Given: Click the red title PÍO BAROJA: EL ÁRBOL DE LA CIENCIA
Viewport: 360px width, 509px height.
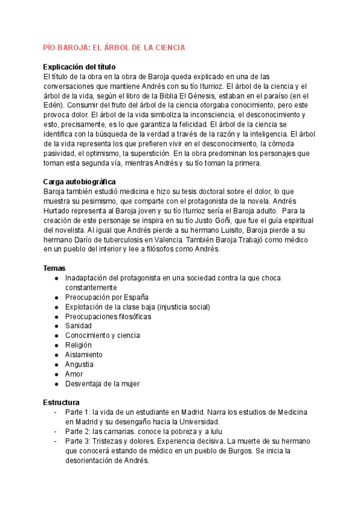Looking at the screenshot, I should [114, 47].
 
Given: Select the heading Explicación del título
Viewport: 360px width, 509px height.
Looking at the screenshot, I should [80, 67].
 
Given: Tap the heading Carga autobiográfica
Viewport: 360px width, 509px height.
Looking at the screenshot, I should [80, 182].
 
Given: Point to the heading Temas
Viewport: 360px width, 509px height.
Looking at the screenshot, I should [55, 268].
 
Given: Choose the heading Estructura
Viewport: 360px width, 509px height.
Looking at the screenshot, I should [62, 402].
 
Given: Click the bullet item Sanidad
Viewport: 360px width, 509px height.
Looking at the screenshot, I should [79, 326].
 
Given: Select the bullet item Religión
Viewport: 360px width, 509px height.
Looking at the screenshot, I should [79, 345].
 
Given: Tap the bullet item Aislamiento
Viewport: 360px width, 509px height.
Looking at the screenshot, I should [83, 355].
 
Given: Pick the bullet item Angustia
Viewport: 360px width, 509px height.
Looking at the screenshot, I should [79, 364].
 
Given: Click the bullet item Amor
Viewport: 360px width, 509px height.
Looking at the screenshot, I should [74, 374].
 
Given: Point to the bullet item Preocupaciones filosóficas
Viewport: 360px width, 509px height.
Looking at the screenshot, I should [108, 316].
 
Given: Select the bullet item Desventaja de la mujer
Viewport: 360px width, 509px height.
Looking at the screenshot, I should [103, 384].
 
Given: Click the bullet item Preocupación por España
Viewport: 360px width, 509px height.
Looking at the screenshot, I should [107, 297].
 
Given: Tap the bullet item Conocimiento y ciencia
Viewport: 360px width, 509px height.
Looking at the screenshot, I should [103, 336].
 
